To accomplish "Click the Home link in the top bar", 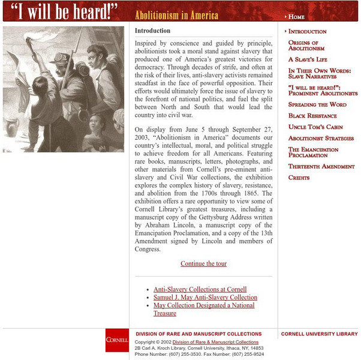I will (x=296, y=17).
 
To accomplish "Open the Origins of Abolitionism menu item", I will (x=306, y=46).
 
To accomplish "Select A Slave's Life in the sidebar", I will (x=308, y=59).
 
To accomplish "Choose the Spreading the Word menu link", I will (x=317, y=104).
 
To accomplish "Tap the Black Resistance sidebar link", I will (x=312, y=116).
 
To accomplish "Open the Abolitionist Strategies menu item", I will (x=321, y=138).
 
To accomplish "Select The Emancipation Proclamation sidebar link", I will (x=312, y=152).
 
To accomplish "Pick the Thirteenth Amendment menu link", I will (x=321, y=166).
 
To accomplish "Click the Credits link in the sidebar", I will (x=299, y=178).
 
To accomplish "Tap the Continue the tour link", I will (x=203, y=263).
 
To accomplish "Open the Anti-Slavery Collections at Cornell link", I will (x=200, y=289).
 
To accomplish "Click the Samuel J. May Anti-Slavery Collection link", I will (x=204, y=298).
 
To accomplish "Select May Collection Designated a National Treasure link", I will (x=203, y=309).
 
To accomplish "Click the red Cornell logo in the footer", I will (x=117, y=340).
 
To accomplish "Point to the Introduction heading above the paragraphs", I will (x=152, y=31).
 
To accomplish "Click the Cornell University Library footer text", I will (x=319, y=334).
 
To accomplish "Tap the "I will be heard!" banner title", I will (x=65, y=11).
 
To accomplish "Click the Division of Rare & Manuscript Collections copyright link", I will (x=215, y=342).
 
